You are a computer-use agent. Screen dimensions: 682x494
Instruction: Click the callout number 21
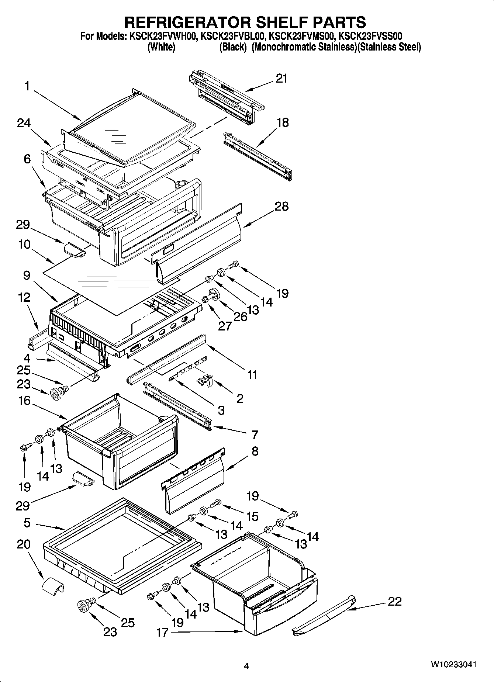point(281,79)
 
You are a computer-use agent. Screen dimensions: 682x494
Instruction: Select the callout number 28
point(281,206)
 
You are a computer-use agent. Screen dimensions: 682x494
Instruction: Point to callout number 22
point(394,601)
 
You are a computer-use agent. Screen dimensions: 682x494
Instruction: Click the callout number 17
point(162,632)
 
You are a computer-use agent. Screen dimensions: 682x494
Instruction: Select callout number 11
point(252,375)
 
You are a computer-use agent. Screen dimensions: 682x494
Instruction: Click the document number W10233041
point(453,664)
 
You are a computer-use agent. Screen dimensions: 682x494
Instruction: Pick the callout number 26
point(241,317)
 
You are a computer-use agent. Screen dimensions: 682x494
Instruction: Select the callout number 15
point(252,516)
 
